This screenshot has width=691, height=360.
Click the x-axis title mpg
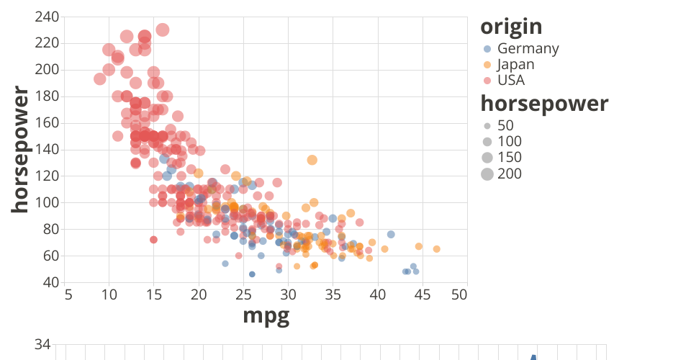click(266, 315)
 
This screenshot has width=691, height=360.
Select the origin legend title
click(511, 27)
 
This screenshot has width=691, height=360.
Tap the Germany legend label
click(528, 49)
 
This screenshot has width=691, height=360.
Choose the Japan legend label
click(516, 64)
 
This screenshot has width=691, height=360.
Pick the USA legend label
click(511, 80)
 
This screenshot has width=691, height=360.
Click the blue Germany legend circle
click(487, 49)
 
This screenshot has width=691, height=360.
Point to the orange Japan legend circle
click(487, 64)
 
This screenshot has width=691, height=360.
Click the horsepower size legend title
click(544, 104)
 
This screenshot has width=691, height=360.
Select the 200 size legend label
click(510, 174)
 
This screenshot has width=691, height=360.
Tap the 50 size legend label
click(506, 126)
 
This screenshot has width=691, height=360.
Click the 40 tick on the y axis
click(51, 282)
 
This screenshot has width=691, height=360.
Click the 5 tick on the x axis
click(67, 294)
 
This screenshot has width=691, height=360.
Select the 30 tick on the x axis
click(288, 294)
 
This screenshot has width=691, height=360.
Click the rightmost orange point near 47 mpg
click(436, 249)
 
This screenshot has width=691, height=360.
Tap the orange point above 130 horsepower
click(312, 160)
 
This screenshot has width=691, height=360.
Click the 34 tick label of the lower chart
click(42, 346)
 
